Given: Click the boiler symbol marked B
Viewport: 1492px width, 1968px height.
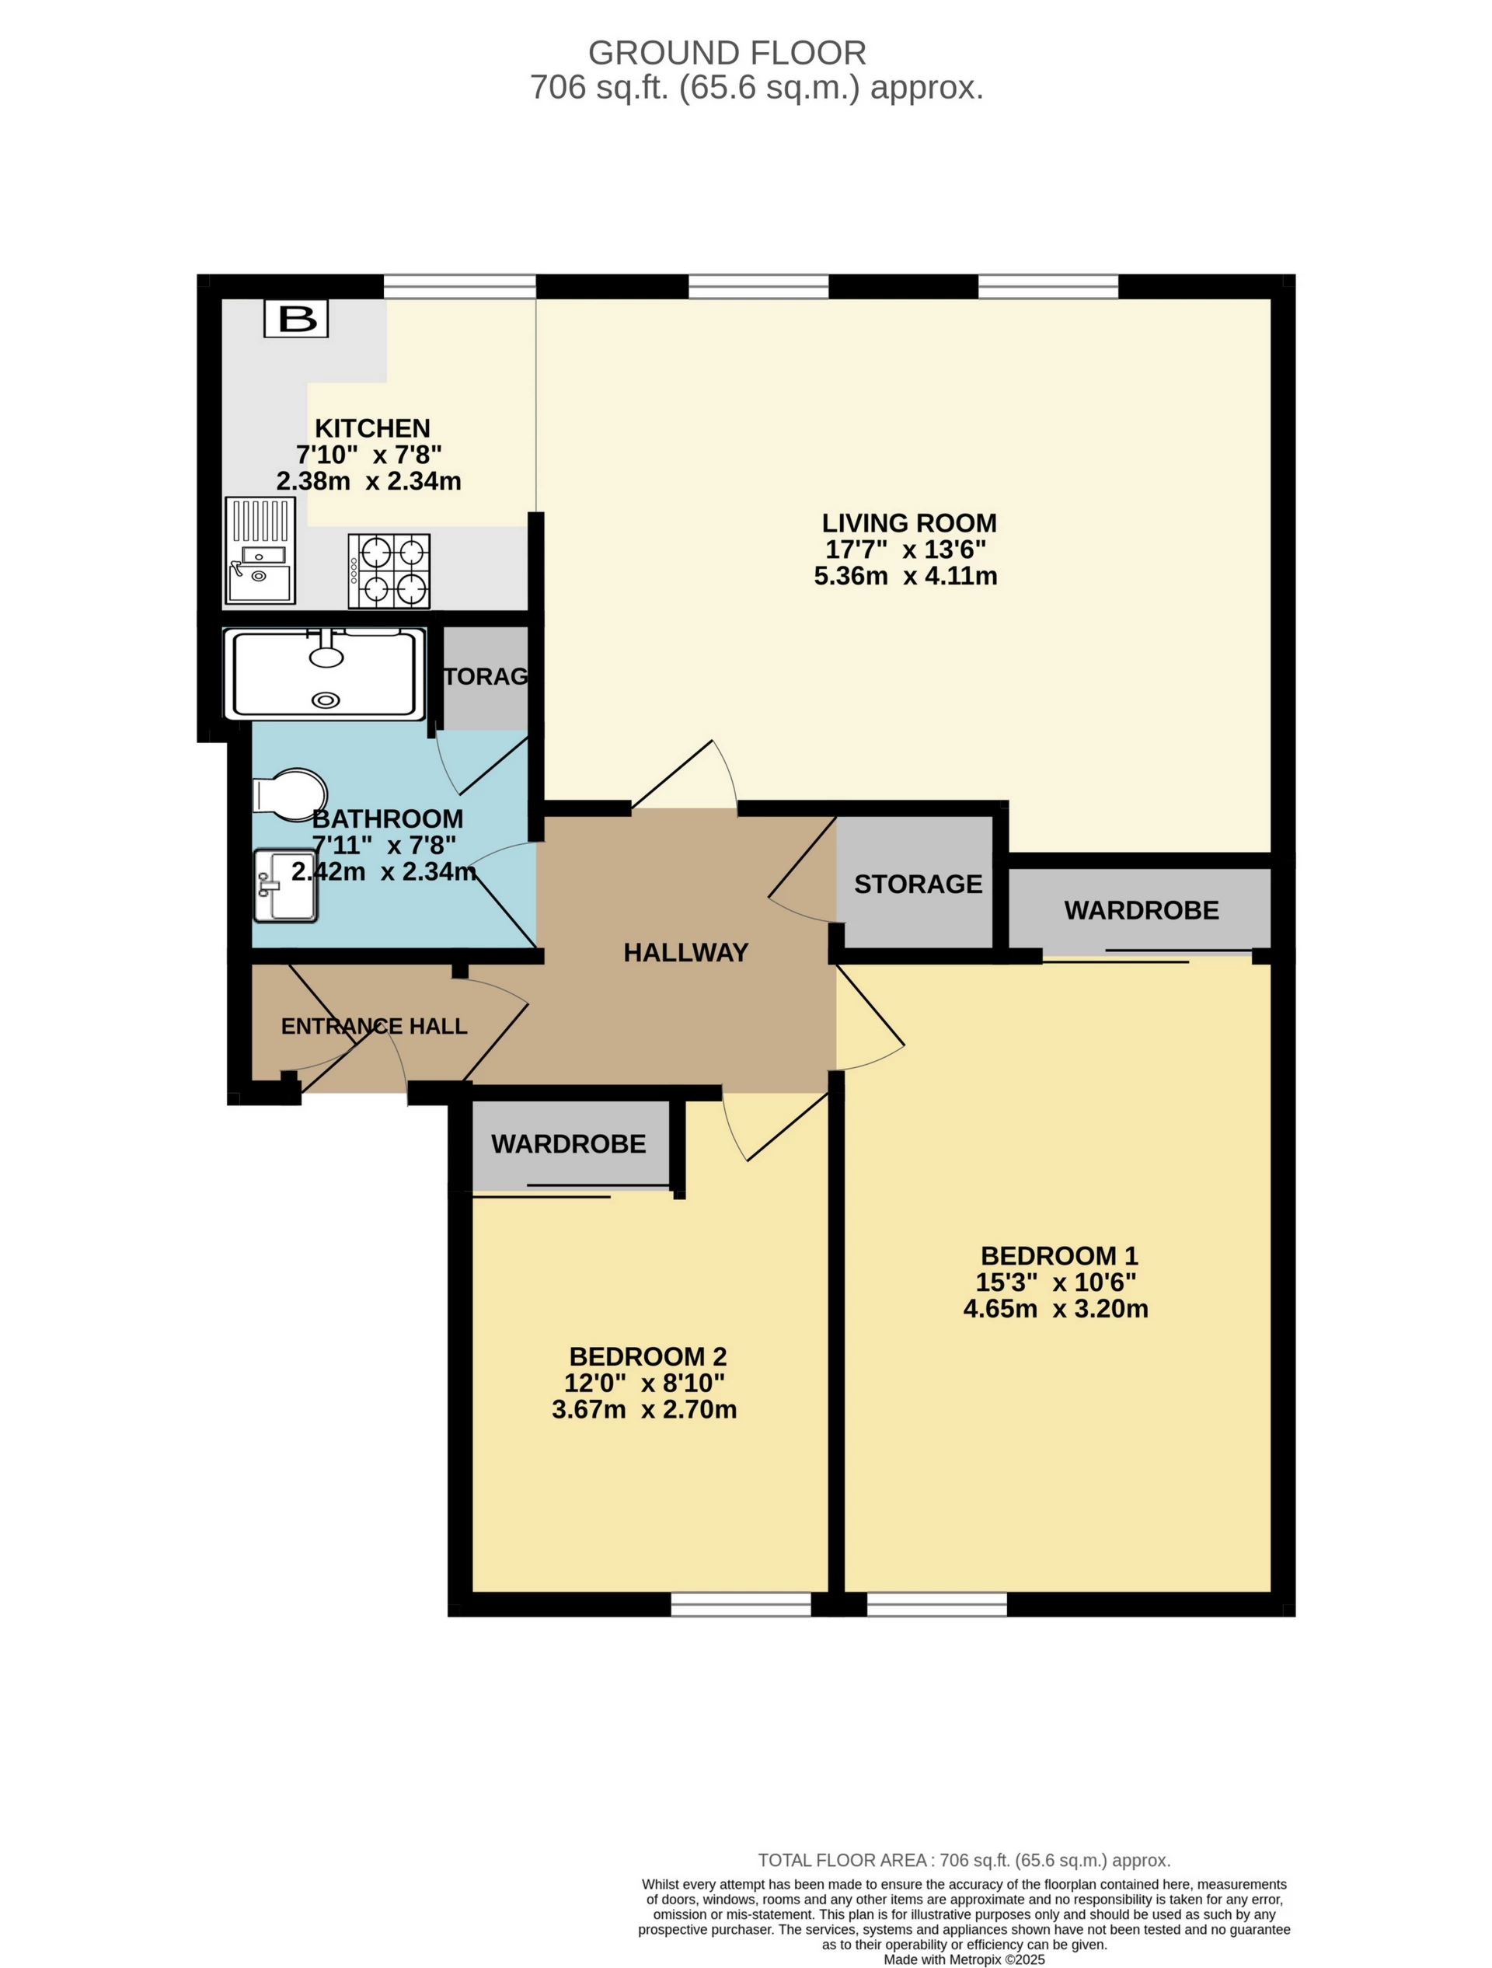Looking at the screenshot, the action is click(296, 319).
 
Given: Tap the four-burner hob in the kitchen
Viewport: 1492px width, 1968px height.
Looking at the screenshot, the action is click(389, 571).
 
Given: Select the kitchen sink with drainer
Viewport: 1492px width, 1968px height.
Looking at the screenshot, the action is click(260, 550).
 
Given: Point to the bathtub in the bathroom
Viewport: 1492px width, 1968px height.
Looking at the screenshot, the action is click(325, 674).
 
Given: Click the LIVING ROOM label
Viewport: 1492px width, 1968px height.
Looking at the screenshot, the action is click(908, 522).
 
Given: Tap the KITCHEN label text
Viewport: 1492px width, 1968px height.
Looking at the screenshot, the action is click(372, 428).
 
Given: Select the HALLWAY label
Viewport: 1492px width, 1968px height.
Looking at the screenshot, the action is click(686, 953).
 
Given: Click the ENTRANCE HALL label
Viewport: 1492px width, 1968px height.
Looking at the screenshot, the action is click(374, 1026).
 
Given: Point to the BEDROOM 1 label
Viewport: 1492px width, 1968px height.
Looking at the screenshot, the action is click(1058, 1255).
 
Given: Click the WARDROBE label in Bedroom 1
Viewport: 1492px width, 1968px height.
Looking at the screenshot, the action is click(1142, 910).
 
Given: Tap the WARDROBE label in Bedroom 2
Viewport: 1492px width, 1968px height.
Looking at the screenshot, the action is click(569, 1144).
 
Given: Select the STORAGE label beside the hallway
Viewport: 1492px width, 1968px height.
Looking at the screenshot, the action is click(919, 884).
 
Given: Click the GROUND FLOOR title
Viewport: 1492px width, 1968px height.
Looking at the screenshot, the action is click(727, 54).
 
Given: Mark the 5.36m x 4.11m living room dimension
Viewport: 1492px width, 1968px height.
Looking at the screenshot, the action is click(906, 576).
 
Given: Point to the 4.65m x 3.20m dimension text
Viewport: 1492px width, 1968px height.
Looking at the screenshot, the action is click(1056, 1309).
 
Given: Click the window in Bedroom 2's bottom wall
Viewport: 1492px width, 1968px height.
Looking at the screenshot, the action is click(741, 1604).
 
